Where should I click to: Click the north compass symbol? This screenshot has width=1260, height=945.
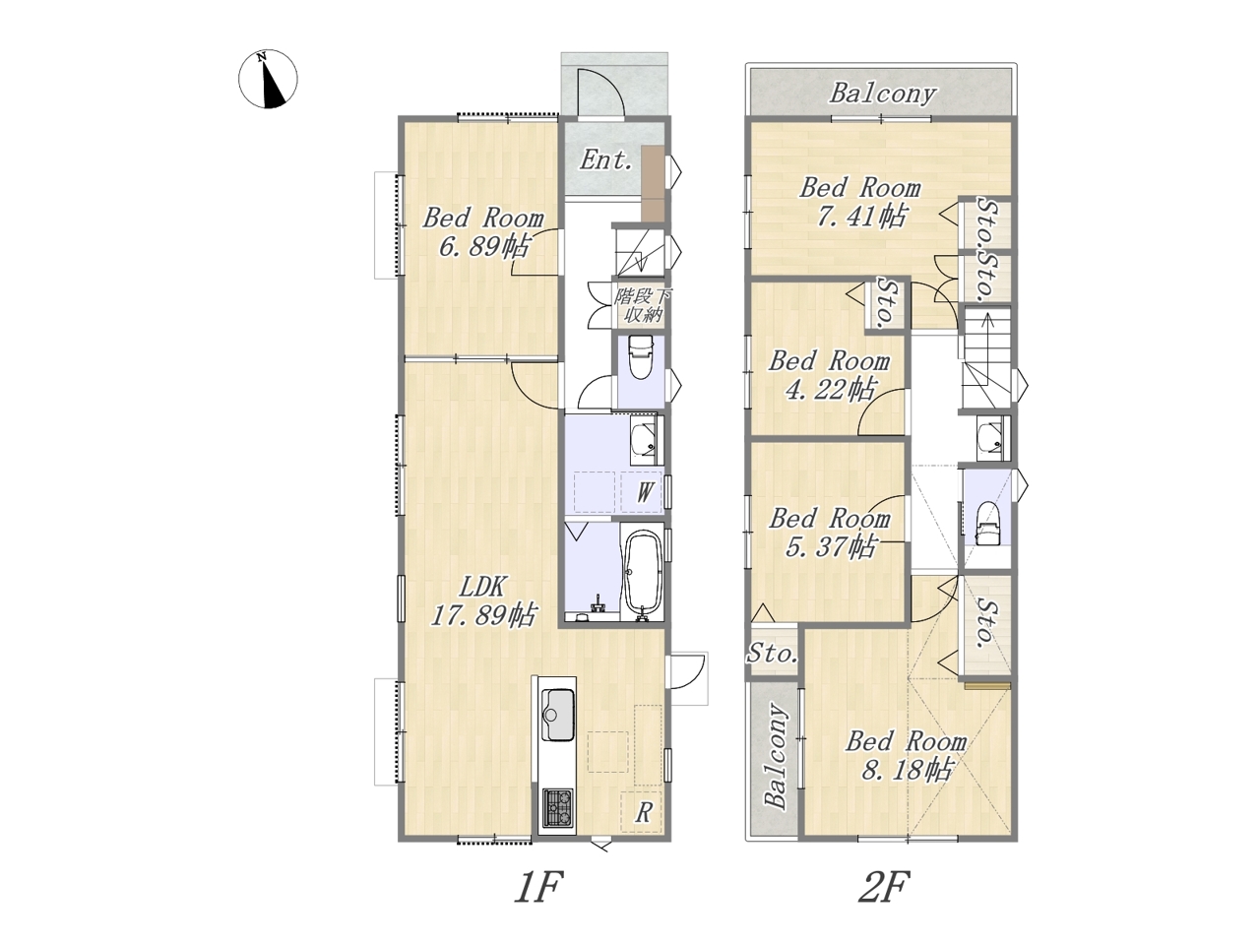(268, 79)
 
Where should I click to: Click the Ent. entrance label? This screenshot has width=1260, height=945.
(606, 160)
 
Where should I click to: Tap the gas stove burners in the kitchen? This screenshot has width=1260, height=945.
(156, 807)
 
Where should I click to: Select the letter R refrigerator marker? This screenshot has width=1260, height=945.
(644, 812)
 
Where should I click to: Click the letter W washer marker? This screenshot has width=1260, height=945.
(645, 492)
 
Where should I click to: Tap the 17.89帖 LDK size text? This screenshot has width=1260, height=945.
(483, 615)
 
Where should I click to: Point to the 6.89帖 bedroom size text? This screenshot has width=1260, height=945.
(483, 247)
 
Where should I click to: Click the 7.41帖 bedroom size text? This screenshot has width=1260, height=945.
(861, 217)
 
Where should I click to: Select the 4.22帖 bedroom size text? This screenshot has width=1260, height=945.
(830, 390)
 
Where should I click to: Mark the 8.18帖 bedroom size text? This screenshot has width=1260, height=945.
(907, 770)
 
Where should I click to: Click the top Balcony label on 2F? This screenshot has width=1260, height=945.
(882, 94)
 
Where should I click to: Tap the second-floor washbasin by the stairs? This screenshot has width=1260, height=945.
(990, 439)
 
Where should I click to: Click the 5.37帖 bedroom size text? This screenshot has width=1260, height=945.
(830, 546)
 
